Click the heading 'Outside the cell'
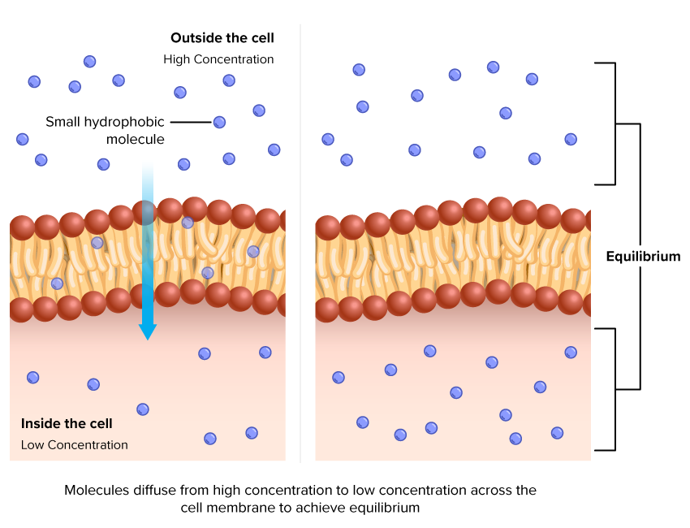tap(222, 38)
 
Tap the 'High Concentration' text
tap(218, 59)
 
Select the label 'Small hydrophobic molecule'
tap(105, 130)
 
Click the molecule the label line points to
tap(219, 122)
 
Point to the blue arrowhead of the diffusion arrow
tap(147, 331)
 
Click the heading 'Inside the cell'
tap(67, 423)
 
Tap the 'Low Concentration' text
tap(75, 445)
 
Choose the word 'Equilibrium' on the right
tap(643, 257)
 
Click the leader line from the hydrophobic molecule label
tap(191, 122)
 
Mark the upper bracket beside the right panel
tap(615, 123)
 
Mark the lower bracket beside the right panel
tap(615, 388)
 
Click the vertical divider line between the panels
tap(300, 244)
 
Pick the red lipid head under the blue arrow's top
tap(144, 213)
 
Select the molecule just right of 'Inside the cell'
tap(143, 409)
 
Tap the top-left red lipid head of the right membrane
tap(327, 228)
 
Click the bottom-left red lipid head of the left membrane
tap(21, 309)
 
